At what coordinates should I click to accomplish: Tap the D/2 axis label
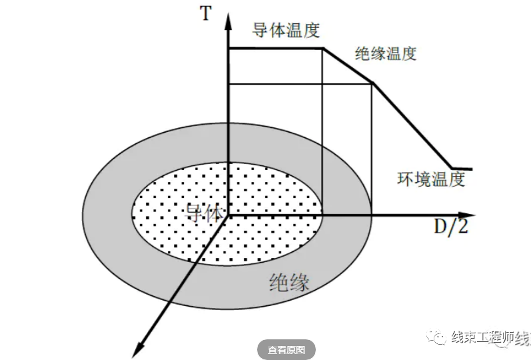pyautogui.click(x=451, y=227)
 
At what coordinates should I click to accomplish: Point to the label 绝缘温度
pyautogui.click(x=386, y=54)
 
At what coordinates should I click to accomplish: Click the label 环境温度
pyautogui.click(x=430, y=179)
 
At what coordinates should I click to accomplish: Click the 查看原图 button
pyautogui.click(x=286, y=350)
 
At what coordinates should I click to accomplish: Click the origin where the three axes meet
pyautogui.click(x=229, y=215)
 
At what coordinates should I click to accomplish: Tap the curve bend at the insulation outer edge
pyautogui.click(x=371, y=83)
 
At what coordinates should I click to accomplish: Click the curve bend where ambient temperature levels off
pyautogui.click(x=452, y=168)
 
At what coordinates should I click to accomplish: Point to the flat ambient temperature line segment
pyautogui.click(x=463, y=168)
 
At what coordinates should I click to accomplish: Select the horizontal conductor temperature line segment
pyautogui.click(x=275, y=48)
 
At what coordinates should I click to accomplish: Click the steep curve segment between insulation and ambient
pyautogui.click(x=412, y=126)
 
